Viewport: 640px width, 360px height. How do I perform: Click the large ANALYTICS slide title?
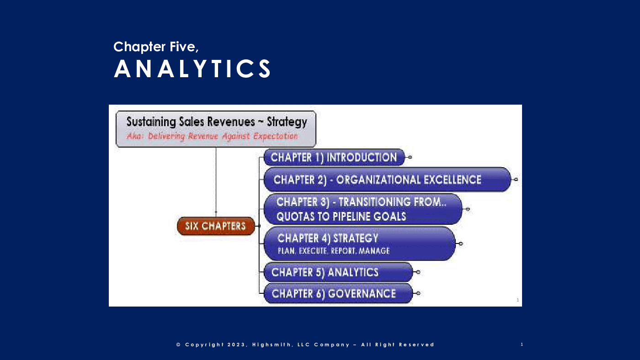pyautogui.click(x=192, y=69)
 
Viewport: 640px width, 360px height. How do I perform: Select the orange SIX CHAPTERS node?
pyautogui.click(x=216, y=226)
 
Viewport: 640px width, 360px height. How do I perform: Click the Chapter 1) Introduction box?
pyautogui.click(x=334, y=157)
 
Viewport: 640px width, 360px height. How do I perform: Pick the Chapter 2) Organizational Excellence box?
pyautogui.click(x=387, y=180)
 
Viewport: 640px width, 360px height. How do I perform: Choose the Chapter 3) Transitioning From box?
pyautogui.click(x=363, y=209)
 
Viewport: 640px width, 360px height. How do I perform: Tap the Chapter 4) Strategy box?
pyautogui.click(x=359, y=244)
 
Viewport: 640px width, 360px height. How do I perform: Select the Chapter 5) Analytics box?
pyautogui.click(x=338, y=272)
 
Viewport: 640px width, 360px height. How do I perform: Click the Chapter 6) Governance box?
pyautogui.click(x=338, y=293)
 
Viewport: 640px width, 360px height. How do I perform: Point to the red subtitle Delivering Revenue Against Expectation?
pyautogui.click(x=223, y=136)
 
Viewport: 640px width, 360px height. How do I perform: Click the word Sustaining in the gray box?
pyautogui.click(x=151, y=122)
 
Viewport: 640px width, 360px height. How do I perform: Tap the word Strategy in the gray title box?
pyautogui.click(x=287, y=122)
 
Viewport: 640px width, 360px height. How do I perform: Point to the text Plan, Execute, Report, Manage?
pyautogui.click(x=334, y=251)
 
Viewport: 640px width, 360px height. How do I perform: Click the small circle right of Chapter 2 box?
pyautogui.click(x=516, y=180)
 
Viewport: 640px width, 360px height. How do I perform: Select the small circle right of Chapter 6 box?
pyautogui.click(x=418, y=293)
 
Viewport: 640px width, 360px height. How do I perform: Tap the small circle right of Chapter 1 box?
pyautogui.click(x=410, y=157)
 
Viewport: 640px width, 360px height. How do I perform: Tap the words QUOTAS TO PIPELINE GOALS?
pyautogui.click(x=341, y=217)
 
